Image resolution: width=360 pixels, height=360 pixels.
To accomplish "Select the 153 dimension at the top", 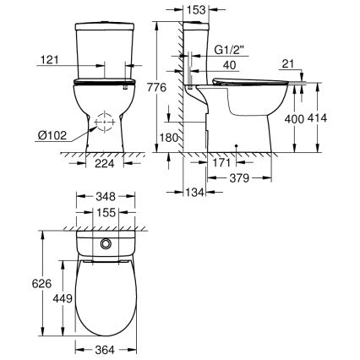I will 198,10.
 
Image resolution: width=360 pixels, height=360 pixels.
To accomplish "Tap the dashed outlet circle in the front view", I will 103,123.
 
